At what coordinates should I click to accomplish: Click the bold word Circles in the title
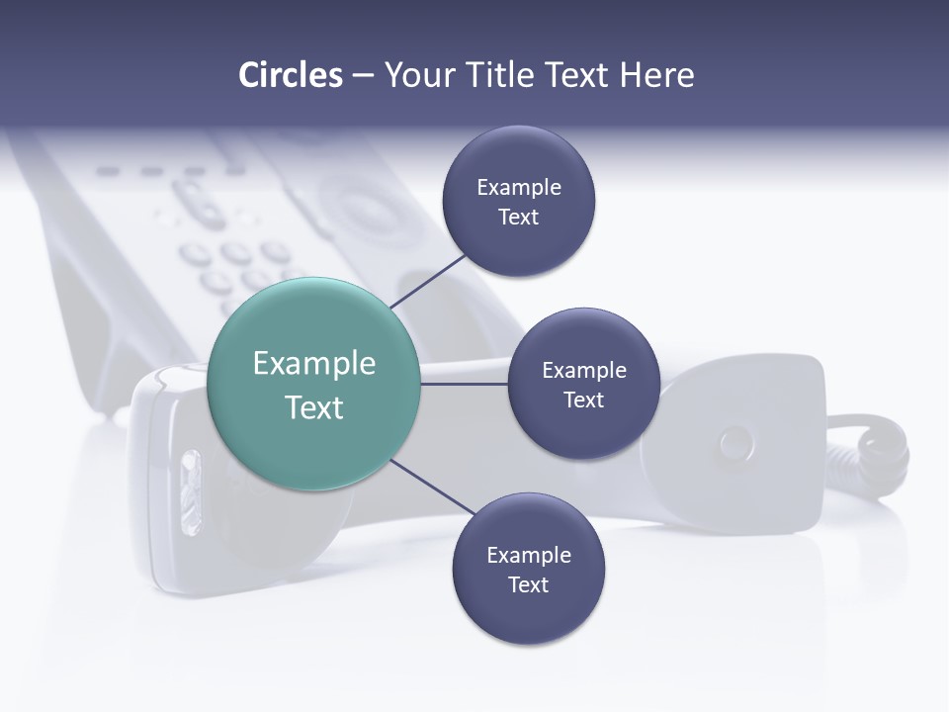pyautogui.click(x=290, y=75)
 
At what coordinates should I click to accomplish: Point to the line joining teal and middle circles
pyautogui.click(x=465, y=384)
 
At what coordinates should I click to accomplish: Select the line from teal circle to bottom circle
pyautogui.click(x=434, y=489)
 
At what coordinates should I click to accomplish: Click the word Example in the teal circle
pyautogui.click(x=314, y=364)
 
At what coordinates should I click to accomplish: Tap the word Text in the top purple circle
pyautogui.click(x=518, y=218)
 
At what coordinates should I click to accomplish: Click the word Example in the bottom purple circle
pyautogui.click(x=528, y=555)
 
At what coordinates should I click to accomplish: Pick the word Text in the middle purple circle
pyautogui.click(x=583, y=400)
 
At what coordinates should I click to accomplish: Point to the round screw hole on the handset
pyautogui.click(x=735, y=442)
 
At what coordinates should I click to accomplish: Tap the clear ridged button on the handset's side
pyautogui.click(x=190, y=493)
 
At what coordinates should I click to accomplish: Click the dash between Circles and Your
pyautogui.click(x=362, y=75)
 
